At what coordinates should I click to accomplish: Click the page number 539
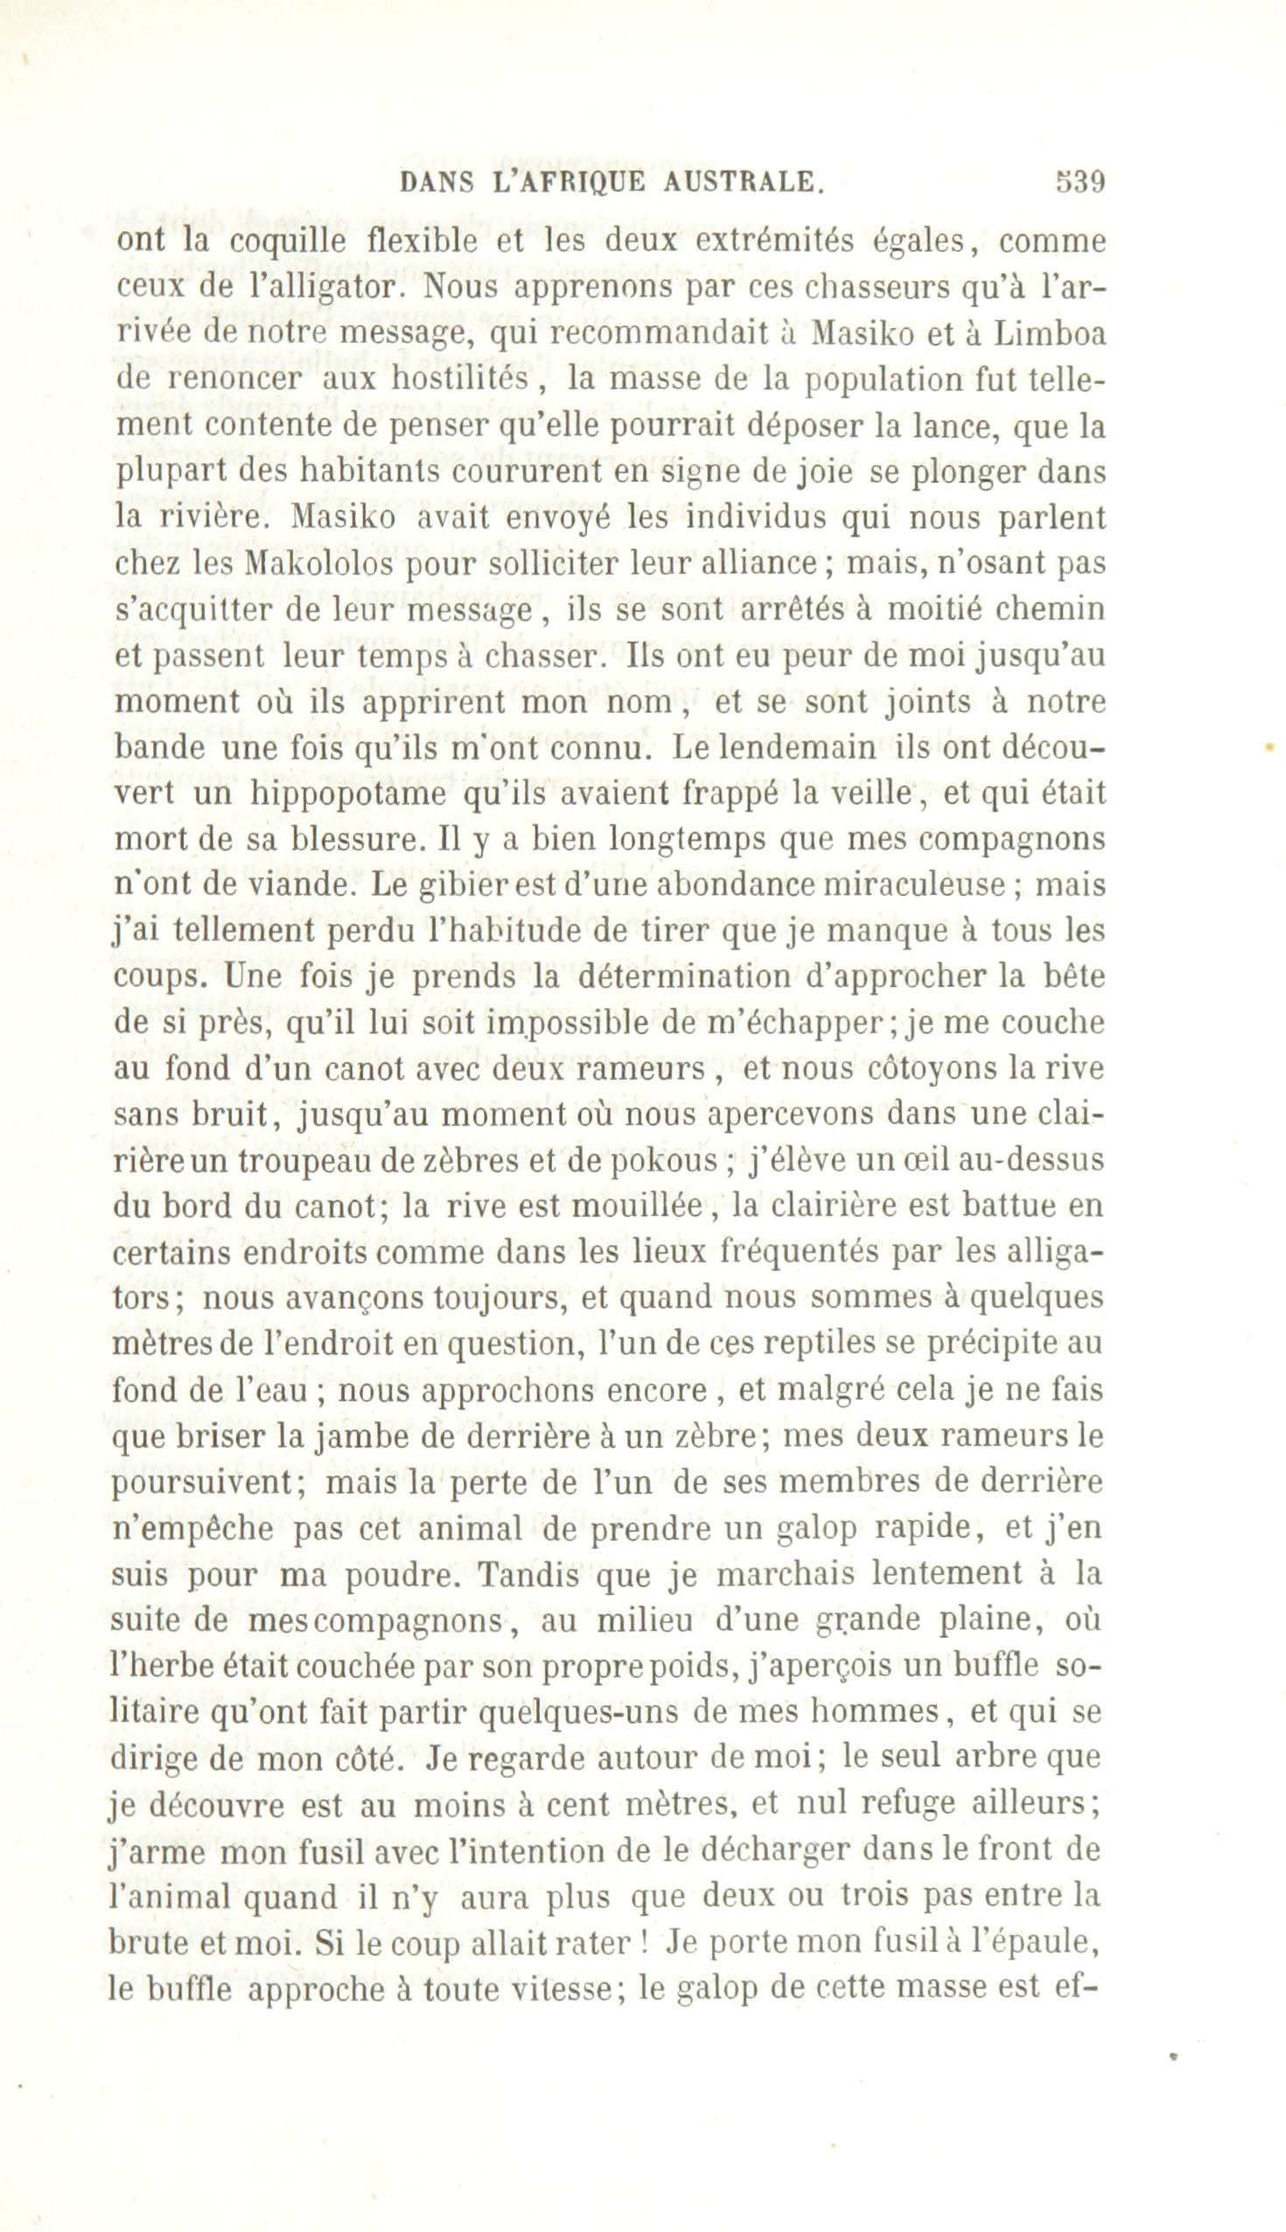tap(1080, 182)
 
